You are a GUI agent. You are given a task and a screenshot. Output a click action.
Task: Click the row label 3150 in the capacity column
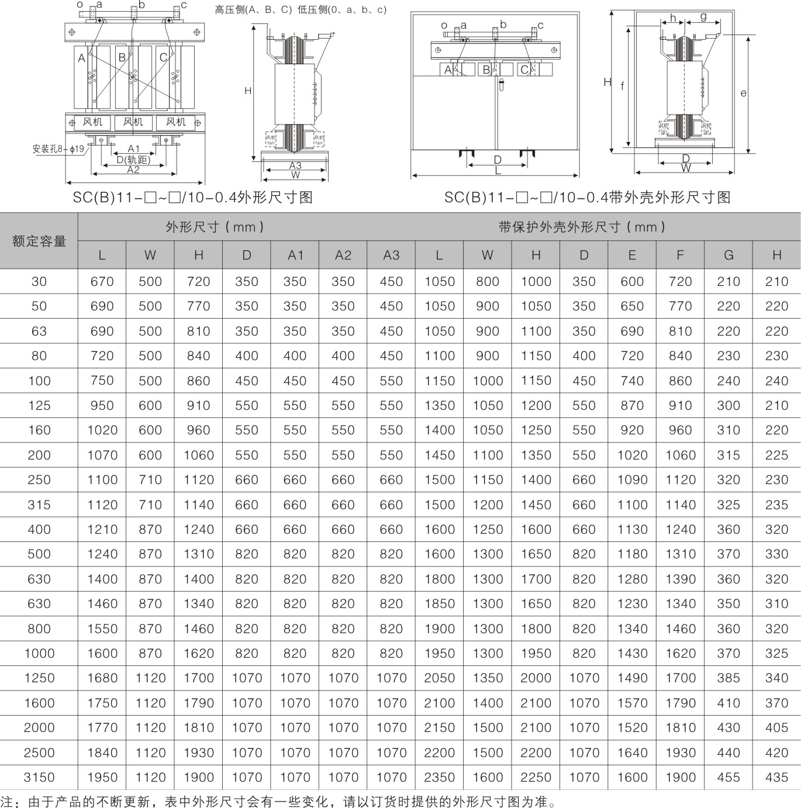click(x=39, y=777)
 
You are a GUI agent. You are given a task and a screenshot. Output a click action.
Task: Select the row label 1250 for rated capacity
click(x=39, y=678)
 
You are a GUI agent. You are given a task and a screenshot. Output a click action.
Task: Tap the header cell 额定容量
click(x=39, y=241)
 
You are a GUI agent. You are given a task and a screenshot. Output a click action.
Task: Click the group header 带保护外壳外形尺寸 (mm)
click(x=582, y=227)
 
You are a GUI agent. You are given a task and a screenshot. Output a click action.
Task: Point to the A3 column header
click(x=391, y=255)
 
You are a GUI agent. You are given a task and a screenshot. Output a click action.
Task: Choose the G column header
click(x=729, y=255)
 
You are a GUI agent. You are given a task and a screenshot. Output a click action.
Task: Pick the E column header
click(x=632, y=255)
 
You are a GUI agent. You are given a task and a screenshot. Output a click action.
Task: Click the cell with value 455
click(x=729, y=777)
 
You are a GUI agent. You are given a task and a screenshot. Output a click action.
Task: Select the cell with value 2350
click(x=439, y=777)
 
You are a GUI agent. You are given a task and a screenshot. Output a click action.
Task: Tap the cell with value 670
click(x=102, y=281)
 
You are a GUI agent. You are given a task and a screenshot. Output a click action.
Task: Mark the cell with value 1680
click(x=102, y=678)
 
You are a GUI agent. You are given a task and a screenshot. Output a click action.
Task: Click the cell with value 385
click(x=729, y=678)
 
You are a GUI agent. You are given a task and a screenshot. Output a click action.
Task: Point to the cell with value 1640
click(x=632, y=752)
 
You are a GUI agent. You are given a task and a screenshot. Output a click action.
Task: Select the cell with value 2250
click(x=536, y=777)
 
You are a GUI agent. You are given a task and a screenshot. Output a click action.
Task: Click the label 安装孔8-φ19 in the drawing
click(x=58, y=149)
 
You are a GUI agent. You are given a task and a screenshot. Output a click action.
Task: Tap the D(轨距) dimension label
click(x=133, y=160)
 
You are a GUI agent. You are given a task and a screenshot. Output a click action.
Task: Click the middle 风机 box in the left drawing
click(x=133, y=122)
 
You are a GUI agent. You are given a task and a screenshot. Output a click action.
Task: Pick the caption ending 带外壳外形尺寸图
click(x=587, y=197)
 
